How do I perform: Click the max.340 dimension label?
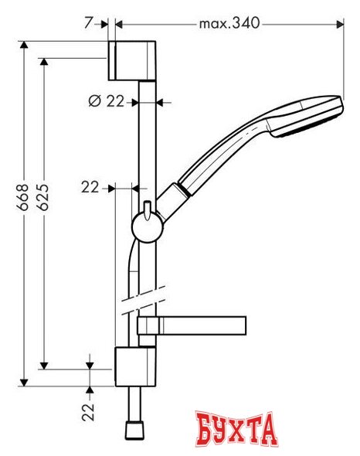coord(229,24)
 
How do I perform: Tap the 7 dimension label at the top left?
coord(90,24)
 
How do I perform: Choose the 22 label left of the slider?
coord(90,186)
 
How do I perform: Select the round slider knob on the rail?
coord(145,226)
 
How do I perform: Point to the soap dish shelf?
coord(193,325)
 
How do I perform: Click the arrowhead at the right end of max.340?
coord(340,24)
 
